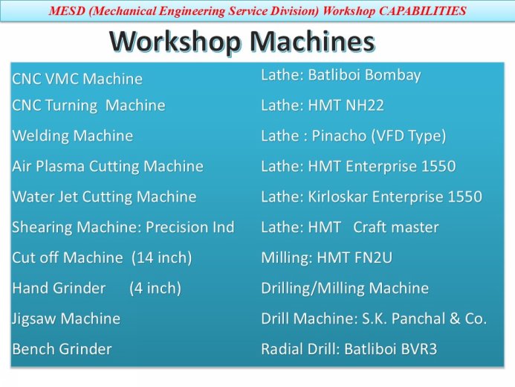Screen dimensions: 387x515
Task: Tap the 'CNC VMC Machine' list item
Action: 77,79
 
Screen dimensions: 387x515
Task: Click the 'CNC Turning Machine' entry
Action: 88,106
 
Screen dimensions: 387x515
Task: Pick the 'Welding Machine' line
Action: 73,136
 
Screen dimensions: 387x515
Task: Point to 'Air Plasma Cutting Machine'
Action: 108,167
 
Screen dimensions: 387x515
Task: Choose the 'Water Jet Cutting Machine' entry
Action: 104,197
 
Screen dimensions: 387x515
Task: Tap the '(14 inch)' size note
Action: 162,258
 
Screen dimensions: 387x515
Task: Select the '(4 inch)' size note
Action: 155,289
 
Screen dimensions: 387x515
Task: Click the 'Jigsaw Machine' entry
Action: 66,319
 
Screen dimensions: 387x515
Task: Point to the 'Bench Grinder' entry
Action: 62,349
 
